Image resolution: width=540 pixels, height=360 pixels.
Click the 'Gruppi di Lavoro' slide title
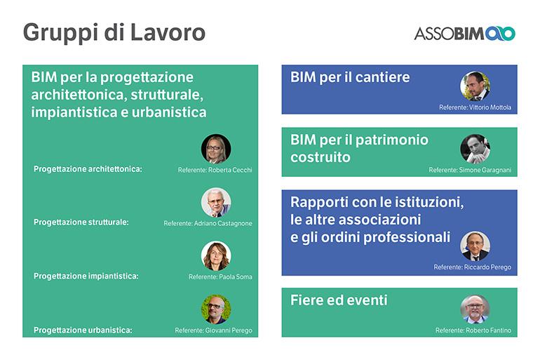(x=114, y=34)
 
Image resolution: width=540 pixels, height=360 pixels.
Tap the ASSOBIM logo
(x=464, y=34)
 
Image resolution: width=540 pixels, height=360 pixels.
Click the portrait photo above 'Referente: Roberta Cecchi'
(x=216, y=149)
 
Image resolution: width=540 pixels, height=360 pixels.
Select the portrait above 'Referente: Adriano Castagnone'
(x=216, y=202)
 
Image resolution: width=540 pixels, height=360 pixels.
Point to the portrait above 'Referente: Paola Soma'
(x=216, y=256)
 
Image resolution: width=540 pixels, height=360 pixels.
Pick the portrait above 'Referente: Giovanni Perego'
(x=216, y=309)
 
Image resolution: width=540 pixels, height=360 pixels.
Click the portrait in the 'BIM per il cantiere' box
(x=475, y=86)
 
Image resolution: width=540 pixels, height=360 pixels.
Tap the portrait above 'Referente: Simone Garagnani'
(x=475, y=149)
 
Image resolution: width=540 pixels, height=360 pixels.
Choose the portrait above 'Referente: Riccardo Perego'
(x=475, y=246)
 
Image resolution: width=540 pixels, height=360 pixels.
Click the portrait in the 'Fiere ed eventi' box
(x=475, y=309)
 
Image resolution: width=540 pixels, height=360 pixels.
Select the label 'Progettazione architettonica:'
(x=88, y=169)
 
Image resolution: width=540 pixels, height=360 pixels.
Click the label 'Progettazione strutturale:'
(x=81, y=222)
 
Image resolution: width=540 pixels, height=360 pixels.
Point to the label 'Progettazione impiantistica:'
(x=86, y=276)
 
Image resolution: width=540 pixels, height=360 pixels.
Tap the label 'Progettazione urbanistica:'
(x=83, y=330)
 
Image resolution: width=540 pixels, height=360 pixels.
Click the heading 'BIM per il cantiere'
(x=350, y=77)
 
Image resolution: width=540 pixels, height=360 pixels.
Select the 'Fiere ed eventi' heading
(x=339, y=300)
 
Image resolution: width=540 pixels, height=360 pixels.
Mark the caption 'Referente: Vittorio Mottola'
(x=475, y=107)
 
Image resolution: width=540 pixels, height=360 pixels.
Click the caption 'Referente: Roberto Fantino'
(x=473, y=331)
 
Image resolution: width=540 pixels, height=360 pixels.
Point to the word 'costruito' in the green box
(x=320, y=157)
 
